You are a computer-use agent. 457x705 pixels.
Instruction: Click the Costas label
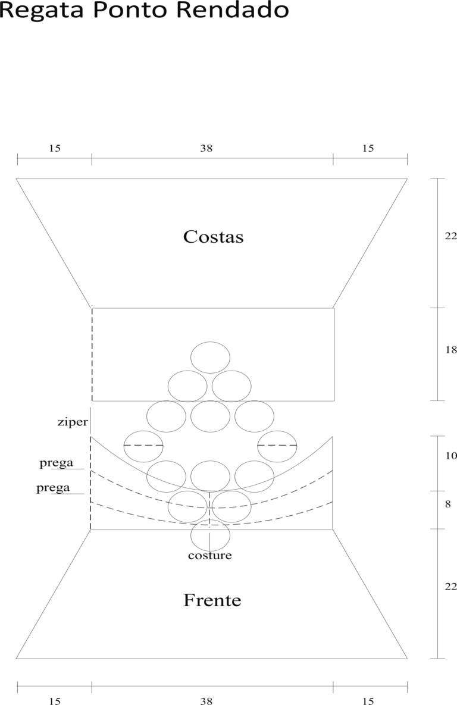[213, 237]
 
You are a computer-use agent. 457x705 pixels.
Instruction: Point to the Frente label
[212, 600]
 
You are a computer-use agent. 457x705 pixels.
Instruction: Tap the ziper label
[73, 422]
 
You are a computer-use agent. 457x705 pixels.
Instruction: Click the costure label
[210, 555]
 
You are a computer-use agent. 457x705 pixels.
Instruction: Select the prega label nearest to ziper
[56, 463]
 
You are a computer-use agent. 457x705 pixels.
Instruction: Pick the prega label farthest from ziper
[53, 488]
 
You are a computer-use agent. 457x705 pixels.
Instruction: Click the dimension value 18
[450, 349]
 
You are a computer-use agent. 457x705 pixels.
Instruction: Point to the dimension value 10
[450, 456]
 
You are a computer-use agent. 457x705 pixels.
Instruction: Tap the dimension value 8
[447, 504]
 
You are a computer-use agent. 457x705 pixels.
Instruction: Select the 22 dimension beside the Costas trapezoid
[450, 236]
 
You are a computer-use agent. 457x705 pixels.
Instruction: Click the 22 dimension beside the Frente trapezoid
[450, 586]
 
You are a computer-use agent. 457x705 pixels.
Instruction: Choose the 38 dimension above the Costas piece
[206, 148]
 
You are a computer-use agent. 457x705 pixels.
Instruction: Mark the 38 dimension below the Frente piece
[206, 700]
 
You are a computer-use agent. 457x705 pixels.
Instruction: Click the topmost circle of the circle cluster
[211, 341]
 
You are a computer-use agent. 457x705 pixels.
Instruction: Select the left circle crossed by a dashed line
[124, 446]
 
